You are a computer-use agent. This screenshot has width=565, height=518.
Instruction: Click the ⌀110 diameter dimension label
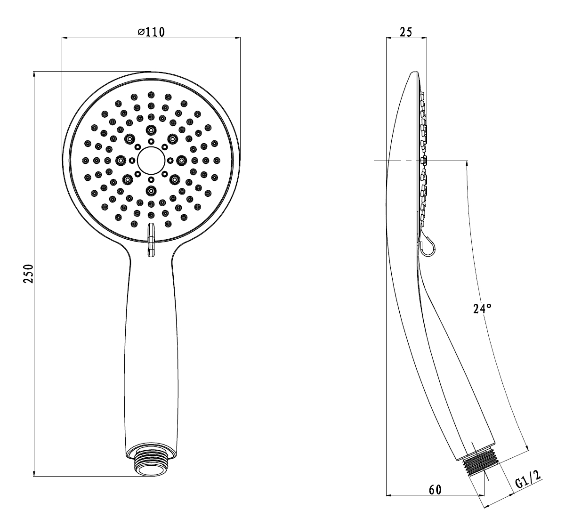tap(151, 32)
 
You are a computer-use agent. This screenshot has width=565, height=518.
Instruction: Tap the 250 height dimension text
tap(28, 274)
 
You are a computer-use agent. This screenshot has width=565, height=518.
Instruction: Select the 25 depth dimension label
tap(406, 32)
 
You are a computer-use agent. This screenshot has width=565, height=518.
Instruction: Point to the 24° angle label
tap(482, 308)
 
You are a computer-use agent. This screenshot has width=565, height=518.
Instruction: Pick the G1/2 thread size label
tap(529, 479)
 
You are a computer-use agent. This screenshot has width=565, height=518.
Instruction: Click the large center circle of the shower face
tap(151, 161)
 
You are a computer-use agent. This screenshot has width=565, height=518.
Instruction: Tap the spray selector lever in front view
tap(151, 240)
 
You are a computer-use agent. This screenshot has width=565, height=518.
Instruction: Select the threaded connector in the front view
tap(151, 463)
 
